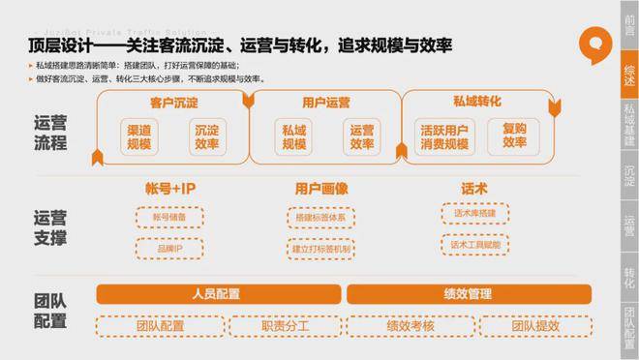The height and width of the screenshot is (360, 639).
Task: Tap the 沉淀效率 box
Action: [205, 136]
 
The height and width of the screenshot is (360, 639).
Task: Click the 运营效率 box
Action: [361, 136]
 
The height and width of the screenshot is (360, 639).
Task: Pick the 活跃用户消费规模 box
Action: [445, 136]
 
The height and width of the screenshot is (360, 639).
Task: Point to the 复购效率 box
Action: [514, 136]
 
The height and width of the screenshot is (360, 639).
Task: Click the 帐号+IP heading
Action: [170, 187]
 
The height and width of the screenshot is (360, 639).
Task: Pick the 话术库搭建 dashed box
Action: [476, 213]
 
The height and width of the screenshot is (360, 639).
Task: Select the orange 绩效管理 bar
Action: [467, 293]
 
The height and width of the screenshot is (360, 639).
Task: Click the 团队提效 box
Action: [530, 326]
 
